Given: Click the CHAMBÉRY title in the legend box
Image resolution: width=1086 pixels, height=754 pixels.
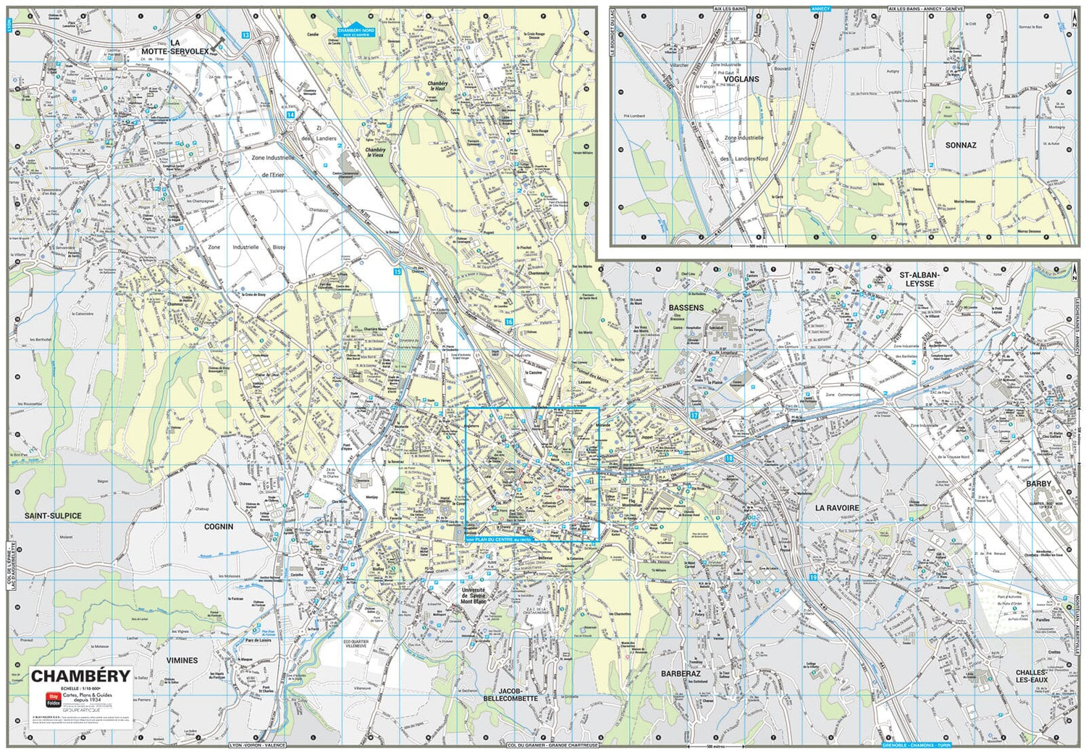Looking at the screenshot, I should (80, 676).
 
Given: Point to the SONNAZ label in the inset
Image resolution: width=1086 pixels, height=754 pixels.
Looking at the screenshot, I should (960, 145).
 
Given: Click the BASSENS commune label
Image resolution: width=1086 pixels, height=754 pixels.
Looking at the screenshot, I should (686, 307).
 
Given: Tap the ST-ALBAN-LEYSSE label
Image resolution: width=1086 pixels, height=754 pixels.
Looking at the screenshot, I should (919, 279).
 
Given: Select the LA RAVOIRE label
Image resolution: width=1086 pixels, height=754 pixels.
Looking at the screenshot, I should (837, 508).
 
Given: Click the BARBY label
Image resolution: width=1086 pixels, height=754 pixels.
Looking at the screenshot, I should (1038, 483).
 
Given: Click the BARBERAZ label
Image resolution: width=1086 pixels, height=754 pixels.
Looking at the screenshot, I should (681, 674).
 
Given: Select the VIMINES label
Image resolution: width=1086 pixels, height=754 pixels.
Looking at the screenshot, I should (182, 660).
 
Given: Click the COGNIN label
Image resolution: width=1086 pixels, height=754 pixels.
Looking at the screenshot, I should (219, 527).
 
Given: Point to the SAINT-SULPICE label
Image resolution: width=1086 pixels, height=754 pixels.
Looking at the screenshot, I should (53, 516).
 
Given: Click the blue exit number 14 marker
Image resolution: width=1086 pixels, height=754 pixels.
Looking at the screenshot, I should (290, 114).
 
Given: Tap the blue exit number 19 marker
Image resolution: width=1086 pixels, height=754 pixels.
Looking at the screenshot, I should (813, 577).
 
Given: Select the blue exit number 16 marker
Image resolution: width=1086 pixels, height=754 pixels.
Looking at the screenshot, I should (509, 322).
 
